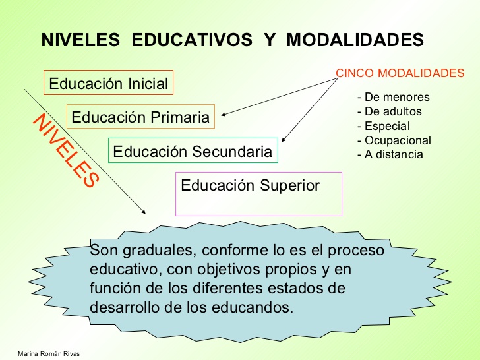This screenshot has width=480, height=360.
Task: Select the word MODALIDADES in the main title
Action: pyautogui.click(x=356, y=40)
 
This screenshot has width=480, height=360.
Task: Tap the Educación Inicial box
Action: pyautogui.click(x=109, y=84)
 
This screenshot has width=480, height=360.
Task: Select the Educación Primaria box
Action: pyautogui.click(x=140, y=118)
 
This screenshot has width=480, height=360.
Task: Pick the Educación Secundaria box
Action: pyautogui.click(x=193, y=152)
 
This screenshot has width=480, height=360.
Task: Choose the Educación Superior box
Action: pyautogui.click(x=258, y=194)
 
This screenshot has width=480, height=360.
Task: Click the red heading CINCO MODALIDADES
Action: pyautogui.click(x=400, y=73)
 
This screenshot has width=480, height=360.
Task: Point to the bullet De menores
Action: pyautogui.click(x=393, y=97)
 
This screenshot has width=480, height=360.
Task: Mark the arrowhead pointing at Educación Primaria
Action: pyautogui.click(x=224, y=115)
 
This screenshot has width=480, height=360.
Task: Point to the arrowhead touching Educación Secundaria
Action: pyautogui.click(x=284, y=140)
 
